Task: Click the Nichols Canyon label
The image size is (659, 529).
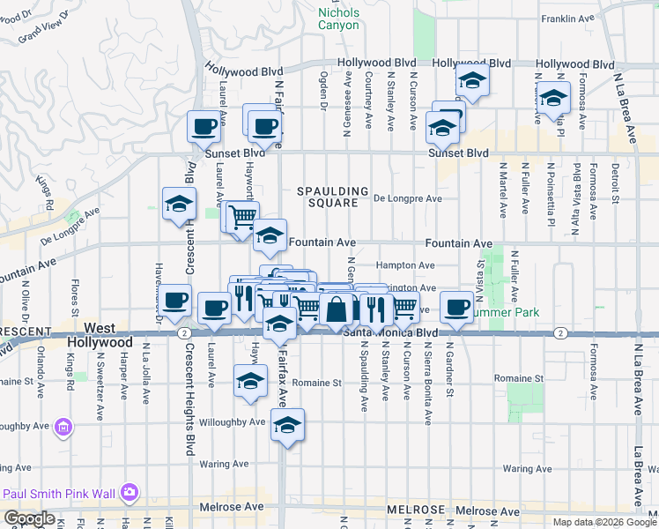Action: (x=338, y=19)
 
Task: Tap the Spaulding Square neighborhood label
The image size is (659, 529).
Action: (x=332, y=197)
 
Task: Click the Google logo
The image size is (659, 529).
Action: (x=29, y=518)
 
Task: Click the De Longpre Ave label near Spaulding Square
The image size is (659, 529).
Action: (x=407, y=199)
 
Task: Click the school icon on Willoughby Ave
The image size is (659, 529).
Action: (x=287, y=425)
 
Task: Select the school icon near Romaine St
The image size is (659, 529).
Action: (x=250, y=382)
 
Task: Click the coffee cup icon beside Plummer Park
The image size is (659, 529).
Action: (x=456, y=306)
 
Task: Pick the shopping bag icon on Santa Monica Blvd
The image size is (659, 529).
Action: (x=337, y=309)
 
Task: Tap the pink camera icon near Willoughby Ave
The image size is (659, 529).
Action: (x=63, y=429)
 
